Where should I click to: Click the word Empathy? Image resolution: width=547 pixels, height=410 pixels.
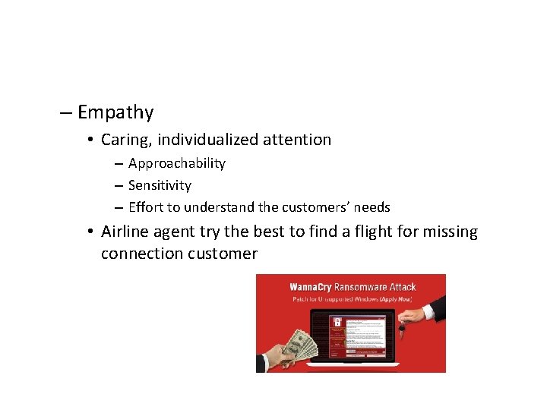point(115,113)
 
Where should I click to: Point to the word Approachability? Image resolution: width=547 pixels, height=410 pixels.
point(176,164)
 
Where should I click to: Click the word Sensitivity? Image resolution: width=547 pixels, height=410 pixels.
point(160,185)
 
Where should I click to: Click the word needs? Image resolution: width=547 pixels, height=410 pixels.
point(372,207)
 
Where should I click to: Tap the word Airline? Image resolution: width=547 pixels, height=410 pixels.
point(127,232)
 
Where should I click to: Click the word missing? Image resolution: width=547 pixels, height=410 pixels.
point(453,232)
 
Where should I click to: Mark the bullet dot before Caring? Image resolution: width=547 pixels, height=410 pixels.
point(90,140)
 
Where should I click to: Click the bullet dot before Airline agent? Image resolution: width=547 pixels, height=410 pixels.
point(90,232)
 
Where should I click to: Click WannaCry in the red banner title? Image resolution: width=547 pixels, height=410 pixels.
point(313,287)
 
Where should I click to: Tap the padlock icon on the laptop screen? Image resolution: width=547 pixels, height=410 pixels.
point(337,321)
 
